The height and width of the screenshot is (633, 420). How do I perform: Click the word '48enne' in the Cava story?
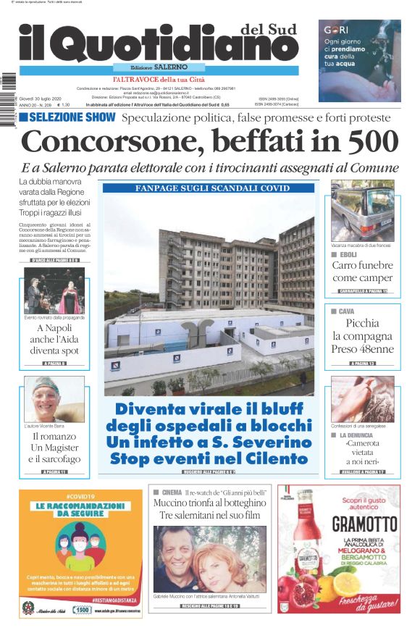pos(374,349)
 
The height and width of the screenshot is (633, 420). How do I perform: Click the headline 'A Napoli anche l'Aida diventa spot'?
pos(55,339)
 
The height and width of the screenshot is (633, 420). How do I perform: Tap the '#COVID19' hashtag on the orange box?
pos(80,496)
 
